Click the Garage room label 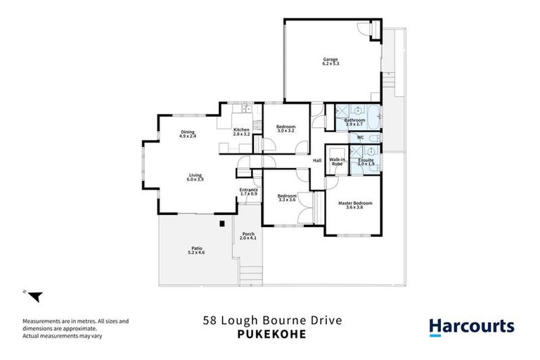coord(330,61)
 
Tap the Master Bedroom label coord(355,205)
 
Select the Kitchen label coord(241,131)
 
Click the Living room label coord(195,178)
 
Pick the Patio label coord(198,249)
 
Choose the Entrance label coord(249,191)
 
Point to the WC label coord(360,137)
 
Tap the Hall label coord(317,160)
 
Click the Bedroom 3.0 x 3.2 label coord(286,128)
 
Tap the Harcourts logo coord(471,326)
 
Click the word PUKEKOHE coord(270,335)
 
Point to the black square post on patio coord(221,224)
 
